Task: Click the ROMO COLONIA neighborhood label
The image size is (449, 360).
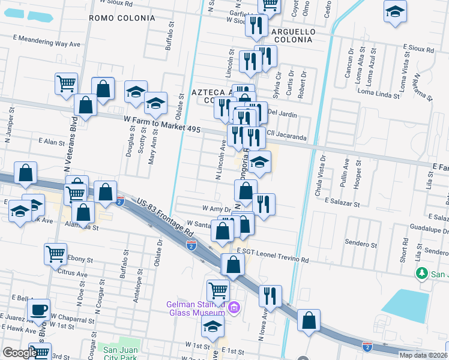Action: pyautogui.click(x=122, y=18)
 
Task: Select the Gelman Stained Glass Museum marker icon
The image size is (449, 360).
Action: pyautogui.click(x=234, y=308)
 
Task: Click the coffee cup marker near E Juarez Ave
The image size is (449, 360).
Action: pyautogui.click(x=39, y=310)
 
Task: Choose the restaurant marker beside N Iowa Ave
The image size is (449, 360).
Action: pyautogui.click(x=270, y=296)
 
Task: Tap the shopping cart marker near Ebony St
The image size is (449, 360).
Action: pyautogui.click(x=55, y=254)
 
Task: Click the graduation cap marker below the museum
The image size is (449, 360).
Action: pyautogui.click(x=212, y=328)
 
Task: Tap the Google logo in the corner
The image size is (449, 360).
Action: pyautogui.click(x=20, y=353)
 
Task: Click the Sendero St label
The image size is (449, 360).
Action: pyautogui.click(x=361, y=244)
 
